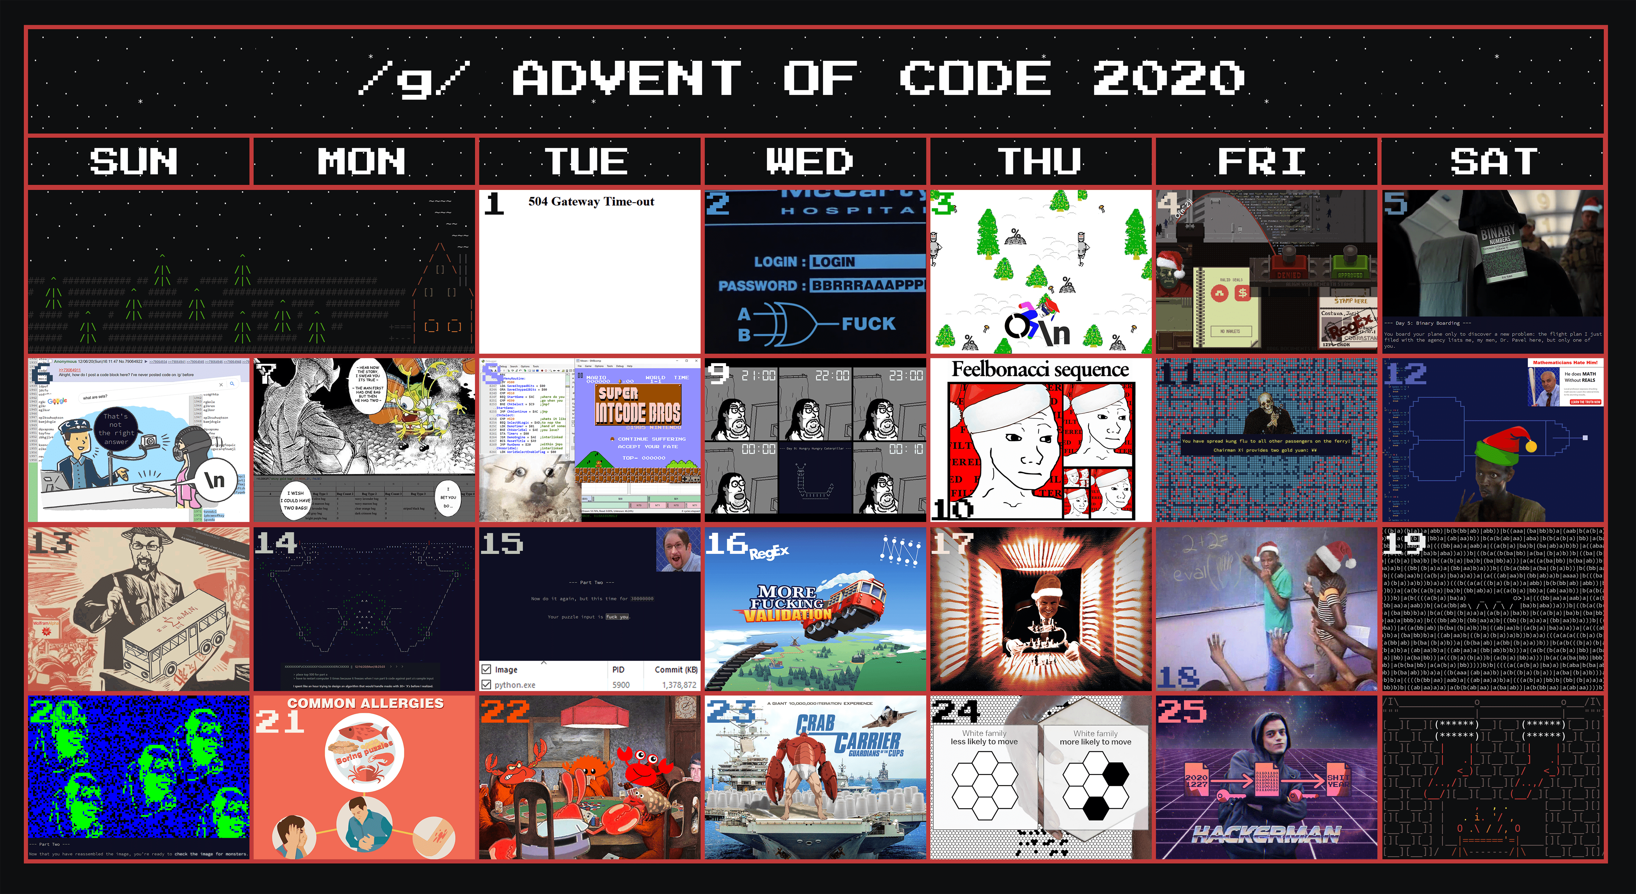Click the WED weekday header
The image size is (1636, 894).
810,161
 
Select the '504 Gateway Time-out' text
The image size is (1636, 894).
591,201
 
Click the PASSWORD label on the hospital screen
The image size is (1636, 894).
757,286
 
